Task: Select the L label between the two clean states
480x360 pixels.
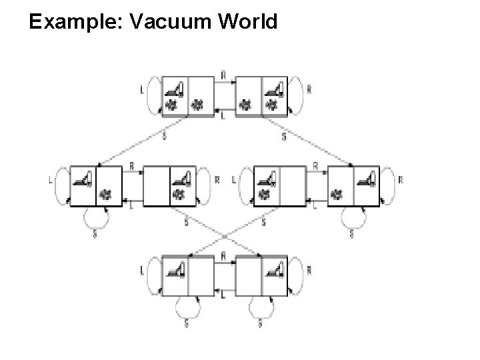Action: (x=223, y=296)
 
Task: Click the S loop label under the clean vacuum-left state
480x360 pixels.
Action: (x=187, y=325)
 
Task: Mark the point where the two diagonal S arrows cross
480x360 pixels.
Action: (x=225, y=235)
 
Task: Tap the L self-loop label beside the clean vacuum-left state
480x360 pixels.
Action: (x=142, y=272)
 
